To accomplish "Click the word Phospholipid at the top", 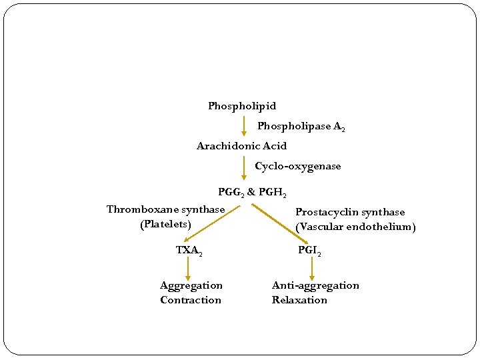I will tap(241, 106).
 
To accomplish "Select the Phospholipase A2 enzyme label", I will tap(301, 126).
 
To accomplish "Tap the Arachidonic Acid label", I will tap(241, 146).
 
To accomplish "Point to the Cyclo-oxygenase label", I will tap(297, 166).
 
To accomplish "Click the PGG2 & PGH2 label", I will tap(252, 193).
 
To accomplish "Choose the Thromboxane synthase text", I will tap(165, 209).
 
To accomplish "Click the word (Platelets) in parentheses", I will tap(165, 224).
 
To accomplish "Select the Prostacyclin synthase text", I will tap(350, 212).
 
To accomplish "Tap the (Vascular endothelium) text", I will tap(355, 227).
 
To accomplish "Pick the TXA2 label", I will tap(189, 251).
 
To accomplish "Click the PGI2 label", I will tap(309, 251).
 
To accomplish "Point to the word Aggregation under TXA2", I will tap(191, 285).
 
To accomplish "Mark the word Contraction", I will tap(191, 300).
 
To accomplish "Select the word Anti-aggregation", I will tap(315, 285).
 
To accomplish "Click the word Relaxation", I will tap(299, 300).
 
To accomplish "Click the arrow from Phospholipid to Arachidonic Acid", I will tap(244, 126).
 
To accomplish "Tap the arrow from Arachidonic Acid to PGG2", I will tap(244, 167).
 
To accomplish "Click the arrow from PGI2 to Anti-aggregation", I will tap(312, 269).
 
